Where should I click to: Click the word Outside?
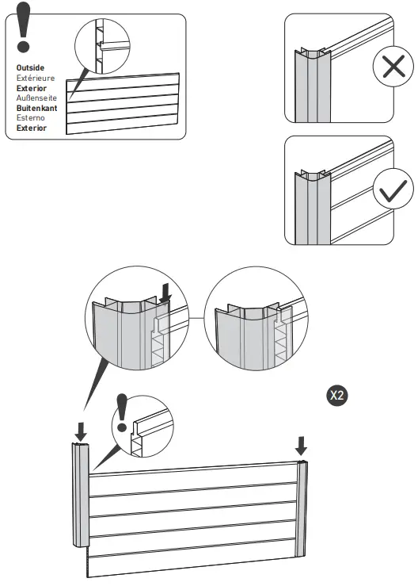pyautogui.click(x=30, y=68)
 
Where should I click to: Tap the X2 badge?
pyautogui.click(x=336, y=394)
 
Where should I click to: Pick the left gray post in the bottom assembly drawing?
pyautogui.click(x=81, y=496)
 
